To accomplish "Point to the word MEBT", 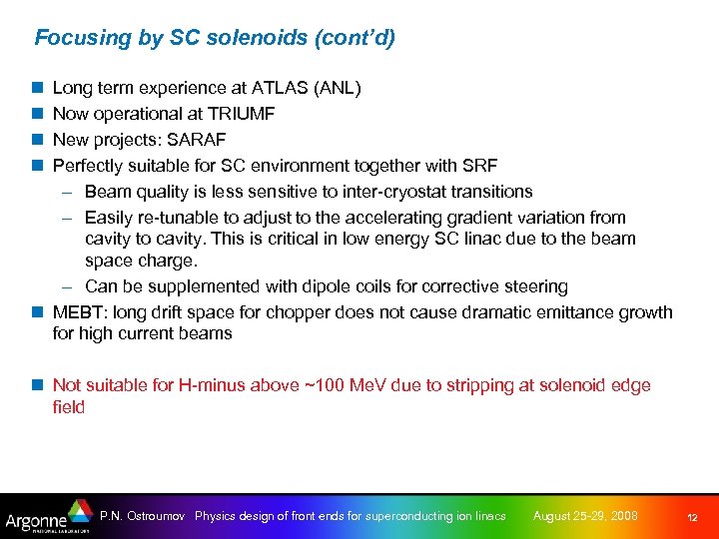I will tap(79, 312).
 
